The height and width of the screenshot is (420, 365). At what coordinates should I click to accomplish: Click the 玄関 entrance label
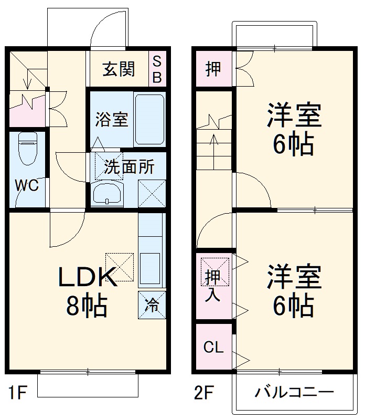[x=119, y=68]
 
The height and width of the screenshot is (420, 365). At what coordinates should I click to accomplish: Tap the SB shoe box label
[x=157, y=69]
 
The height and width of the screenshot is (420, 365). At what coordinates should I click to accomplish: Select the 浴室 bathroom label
[x=111, y=120]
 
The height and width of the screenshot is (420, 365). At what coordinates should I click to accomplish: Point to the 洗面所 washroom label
[x=128, y=167]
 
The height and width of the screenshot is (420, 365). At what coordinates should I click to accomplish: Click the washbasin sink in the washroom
[x=107, y=194]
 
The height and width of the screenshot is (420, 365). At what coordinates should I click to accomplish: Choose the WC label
[x=26, y=186]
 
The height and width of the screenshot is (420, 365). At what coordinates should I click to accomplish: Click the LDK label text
[x=87, y=277]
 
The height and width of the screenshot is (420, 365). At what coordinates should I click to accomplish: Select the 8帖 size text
[x=87, y=305]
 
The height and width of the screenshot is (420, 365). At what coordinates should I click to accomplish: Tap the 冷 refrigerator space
[x=152, y=305]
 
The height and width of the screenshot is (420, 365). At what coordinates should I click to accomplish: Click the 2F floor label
[x=204, y=392]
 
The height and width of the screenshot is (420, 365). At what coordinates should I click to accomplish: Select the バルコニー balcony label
[x=294, y=392]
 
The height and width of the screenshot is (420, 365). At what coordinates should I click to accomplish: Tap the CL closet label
[x=213, y=347]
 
